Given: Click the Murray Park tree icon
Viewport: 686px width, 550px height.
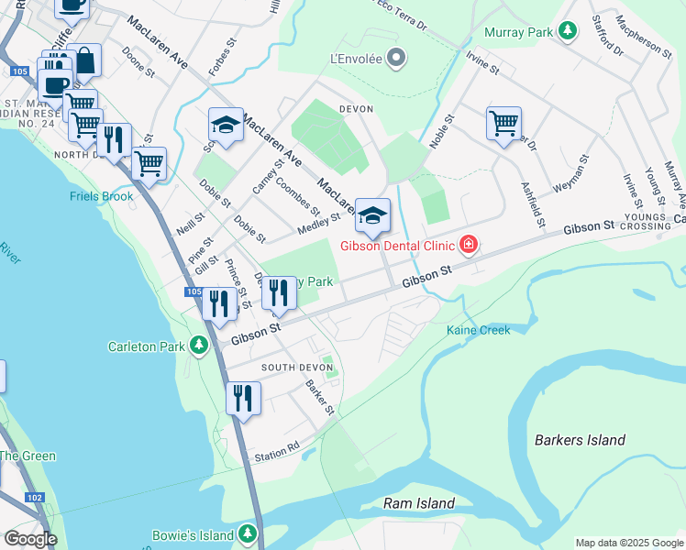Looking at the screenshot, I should (568, 32).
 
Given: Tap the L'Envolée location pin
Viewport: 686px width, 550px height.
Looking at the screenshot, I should (396, 60).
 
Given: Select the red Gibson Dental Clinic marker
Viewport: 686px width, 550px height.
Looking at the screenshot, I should (469, 245).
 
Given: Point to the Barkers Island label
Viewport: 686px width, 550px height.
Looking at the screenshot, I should (580, 440).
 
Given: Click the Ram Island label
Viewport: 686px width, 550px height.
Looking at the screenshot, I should (418, 503).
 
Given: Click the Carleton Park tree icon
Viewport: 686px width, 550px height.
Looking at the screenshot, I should (199, 346).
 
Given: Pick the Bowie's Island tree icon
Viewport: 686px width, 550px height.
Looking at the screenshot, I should (247, 533).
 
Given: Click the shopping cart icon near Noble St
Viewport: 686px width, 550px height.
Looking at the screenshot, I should (503, 122).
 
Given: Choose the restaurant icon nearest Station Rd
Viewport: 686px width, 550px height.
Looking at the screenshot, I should (243, 398).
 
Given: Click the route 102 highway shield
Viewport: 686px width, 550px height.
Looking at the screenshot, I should (34, 498).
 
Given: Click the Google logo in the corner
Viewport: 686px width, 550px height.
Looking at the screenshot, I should (29, 538).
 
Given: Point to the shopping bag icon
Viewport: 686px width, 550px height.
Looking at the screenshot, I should (83, 61).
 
